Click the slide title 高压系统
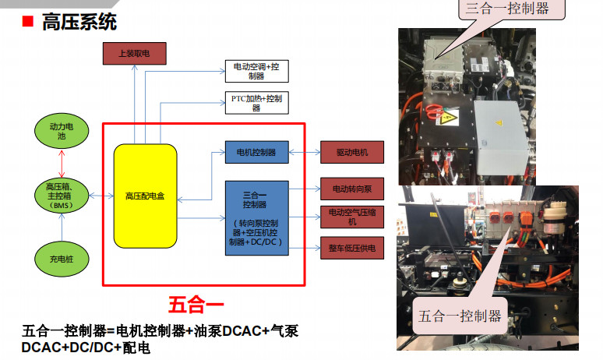[x=81, y=22]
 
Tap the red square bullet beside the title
[x=27, y=23]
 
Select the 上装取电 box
[x=133, y=54]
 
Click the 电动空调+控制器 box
[x=256, y=71]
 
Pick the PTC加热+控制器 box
[x=256, y=103]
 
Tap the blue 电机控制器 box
[x=256, y=152]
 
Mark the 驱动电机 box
[x=352, y=152]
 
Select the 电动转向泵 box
[x=352, y=189]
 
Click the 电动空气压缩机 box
[x=352, y=217]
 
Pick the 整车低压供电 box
[x=352, y=249]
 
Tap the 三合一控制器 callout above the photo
[x=507, y=9]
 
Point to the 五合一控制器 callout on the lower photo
[x=460, y=316]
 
